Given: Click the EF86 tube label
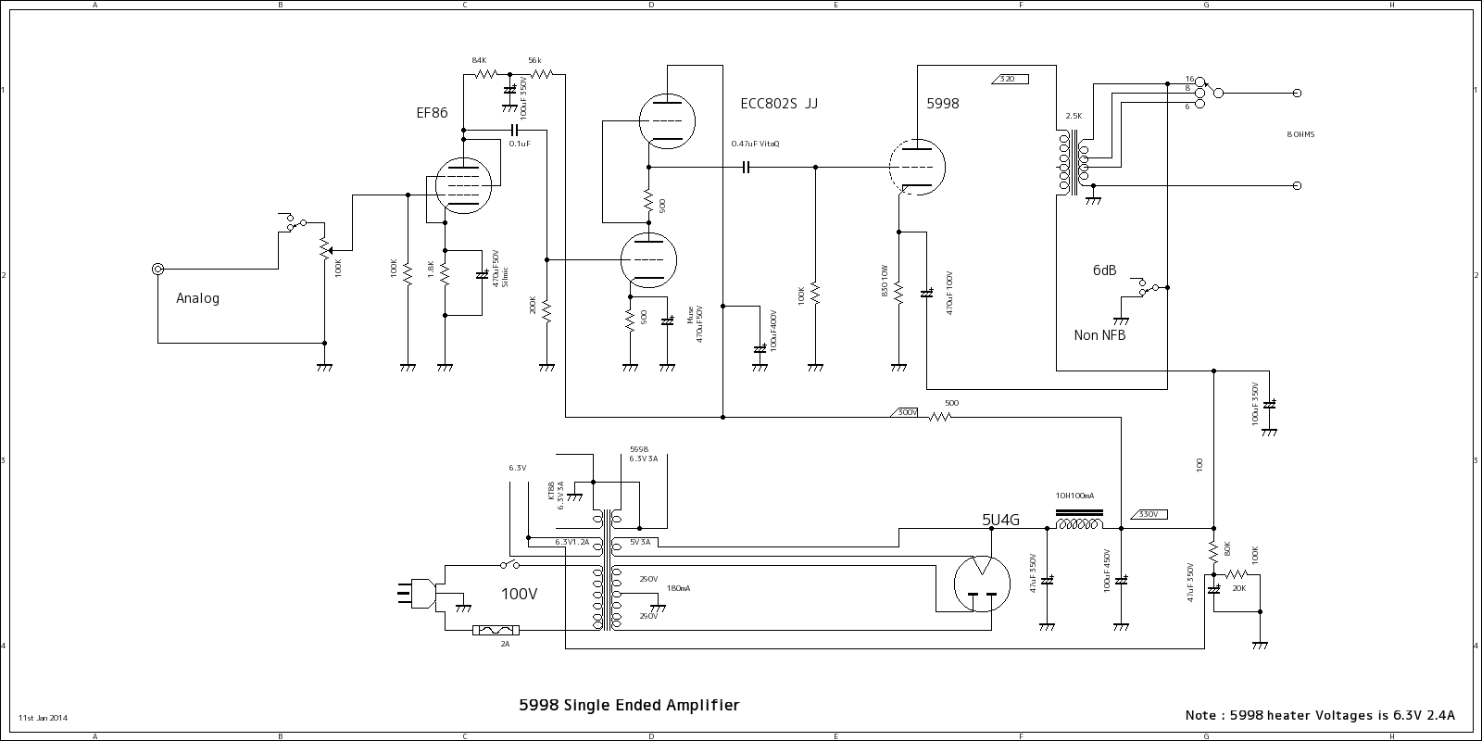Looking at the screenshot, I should tap(432, 113).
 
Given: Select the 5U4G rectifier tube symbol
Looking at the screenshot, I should tap(981, 584).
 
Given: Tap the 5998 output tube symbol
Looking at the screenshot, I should tap(916, 168).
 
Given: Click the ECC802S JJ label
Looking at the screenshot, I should tap(779, 104).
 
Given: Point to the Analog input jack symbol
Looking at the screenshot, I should tap(158, 270).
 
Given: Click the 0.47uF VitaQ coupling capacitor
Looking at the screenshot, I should tap(746, 168).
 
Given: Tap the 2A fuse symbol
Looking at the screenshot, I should tap(496, 631).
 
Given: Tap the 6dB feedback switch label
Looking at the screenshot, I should tap(1104, 270).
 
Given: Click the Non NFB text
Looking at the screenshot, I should tap(1099, 335).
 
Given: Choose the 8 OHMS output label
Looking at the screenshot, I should tap(1300, 135).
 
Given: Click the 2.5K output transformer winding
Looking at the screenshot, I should tap(1064, 162).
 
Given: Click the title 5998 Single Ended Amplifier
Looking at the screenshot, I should tap(629, 706).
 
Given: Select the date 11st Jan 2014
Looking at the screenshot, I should tap(43, 718).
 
